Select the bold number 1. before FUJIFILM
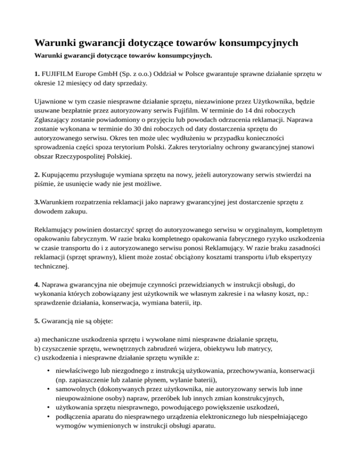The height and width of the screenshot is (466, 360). (37, 74)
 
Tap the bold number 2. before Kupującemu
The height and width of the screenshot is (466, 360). (37, 174)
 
